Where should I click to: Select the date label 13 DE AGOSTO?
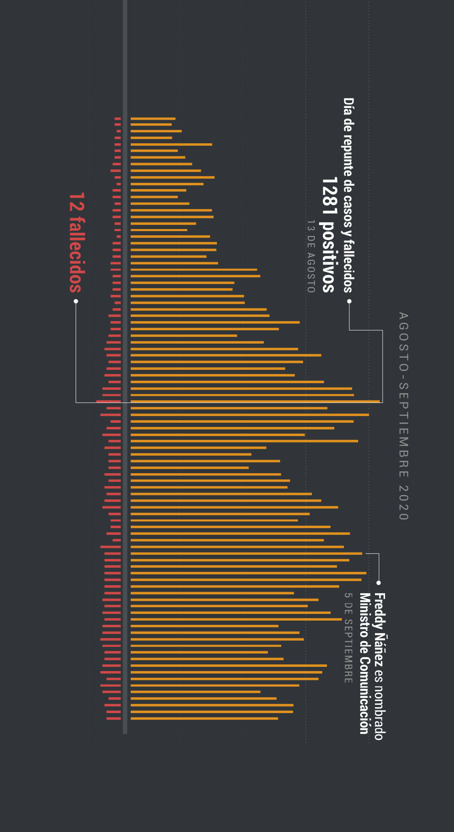click(311, 256)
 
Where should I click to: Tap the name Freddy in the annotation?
click(380, 610)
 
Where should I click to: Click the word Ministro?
click(364, 612)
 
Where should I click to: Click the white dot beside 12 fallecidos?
click(76, 301)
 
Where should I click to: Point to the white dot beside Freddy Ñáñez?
click(378, 583)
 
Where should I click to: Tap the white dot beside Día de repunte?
click(349, 301)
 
